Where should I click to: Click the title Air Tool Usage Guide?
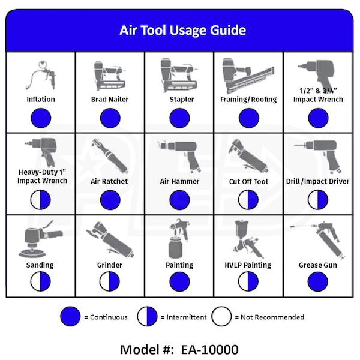[x=182, y=30]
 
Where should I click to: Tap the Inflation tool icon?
[x=40, y=76]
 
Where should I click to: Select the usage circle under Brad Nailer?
[x=110, y=118]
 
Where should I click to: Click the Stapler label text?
[x=179, y=99]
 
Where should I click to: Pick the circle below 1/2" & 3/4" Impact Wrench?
[x=318, y=118]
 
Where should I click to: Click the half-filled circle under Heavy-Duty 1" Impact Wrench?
[x=40, y=200]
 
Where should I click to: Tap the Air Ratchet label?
[x=110, y=181]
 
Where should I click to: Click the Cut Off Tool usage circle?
[x=248, y=200]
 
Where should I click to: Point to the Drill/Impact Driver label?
[x=318, y=181]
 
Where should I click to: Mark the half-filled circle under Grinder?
[x=110, y=281]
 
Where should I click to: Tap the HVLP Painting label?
[x=248, y=265]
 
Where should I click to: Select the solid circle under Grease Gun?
[x=318, y=281]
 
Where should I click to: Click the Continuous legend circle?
[x=71, y=317]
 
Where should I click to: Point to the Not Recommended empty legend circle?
[x=223, y=317]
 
